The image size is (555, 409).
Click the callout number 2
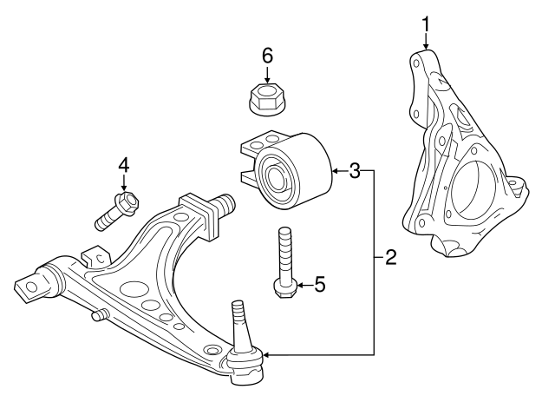coord(390,257)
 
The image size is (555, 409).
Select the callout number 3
coord(355,171)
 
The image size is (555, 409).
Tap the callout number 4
coord(124,164)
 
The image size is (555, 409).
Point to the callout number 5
coord(320,284)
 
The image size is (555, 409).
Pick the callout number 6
coord(267,56)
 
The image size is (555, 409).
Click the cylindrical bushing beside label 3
coord(290,171)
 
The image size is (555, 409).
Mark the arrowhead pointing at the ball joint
coord(265,354)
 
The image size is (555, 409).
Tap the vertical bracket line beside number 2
coord(375,261)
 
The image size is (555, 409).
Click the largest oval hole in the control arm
coord(134,289)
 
